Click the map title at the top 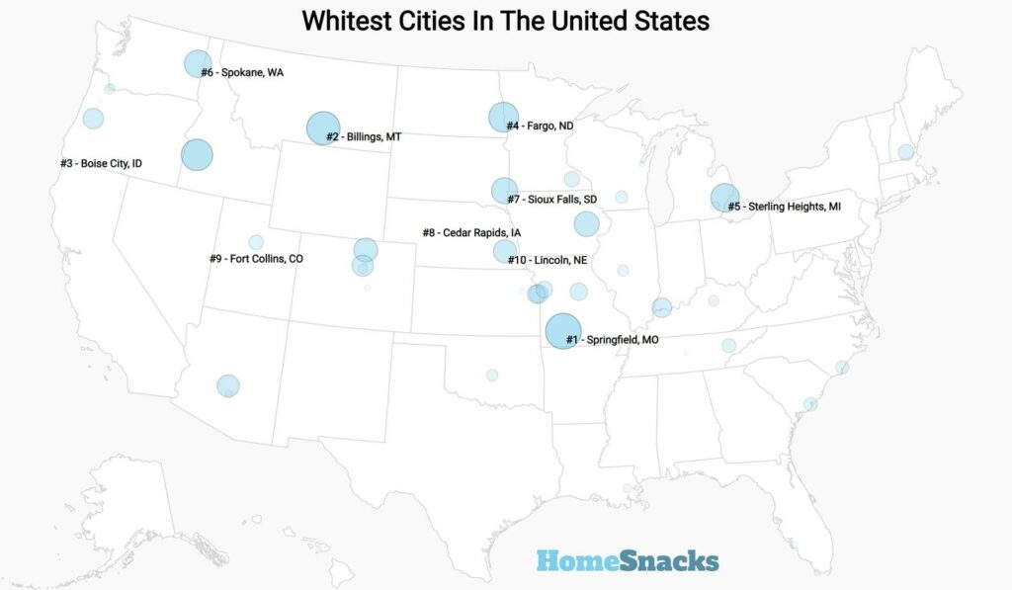[505, 21]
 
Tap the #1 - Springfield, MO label [612, 340]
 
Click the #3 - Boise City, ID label [101, 163]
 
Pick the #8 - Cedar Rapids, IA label [471, 232]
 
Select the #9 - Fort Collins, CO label [256, 259]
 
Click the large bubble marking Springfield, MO [562, 331]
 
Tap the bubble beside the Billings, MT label [323, 128]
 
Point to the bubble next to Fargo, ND [503, 118]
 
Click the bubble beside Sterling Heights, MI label [724, 198]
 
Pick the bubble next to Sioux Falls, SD [504, 190]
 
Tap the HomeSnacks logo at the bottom [628, 561]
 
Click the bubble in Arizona [228, 385]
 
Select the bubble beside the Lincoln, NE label [505, 251]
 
